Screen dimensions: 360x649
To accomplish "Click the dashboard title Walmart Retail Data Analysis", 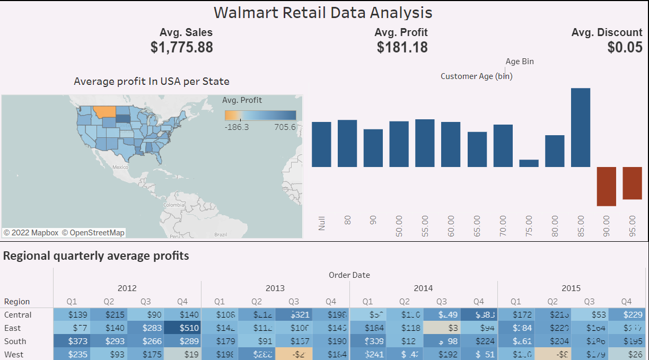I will (323, 12).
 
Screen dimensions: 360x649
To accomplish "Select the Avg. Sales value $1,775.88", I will (181, 47).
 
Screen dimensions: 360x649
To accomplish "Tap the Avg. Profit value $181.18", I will (402, 47).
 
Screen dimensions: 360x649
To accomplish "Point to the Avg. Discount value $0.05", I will (625, 47).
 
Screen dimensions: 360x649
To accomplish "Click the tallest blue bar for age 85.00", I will (580, 127).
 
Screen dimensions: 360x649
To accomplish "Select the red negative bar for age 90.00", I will (606, 186).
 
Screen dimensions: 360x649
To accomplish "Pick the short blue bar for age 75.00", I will (529, 163).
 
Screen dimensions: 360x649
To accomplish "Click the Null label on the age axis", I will (321, 222).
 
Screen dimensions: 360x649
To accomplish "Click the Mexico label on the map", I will (120, 166).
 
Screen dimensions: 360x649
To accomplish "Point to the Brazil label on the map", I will (220, 234).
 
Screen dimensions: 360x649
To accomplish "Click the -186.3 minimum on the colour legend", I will (236, 127).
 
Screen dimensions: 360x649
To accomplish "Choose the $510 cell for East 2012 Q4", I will (182, 328).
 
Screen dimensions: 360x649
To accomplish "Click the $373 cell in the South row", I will (72, 341).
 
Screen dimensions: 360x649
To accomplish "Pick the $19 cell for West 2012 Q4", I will (182, 354).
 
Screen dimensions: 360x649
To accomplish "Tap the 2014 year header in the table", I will (423, 288).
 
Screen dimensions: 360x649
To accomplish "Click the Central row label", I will (17, 314).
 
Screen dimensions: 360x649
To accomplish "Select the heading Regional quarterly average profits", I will (96, 256).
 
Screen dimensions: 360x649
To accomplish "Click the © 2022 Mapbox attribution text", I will (31, 233).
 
